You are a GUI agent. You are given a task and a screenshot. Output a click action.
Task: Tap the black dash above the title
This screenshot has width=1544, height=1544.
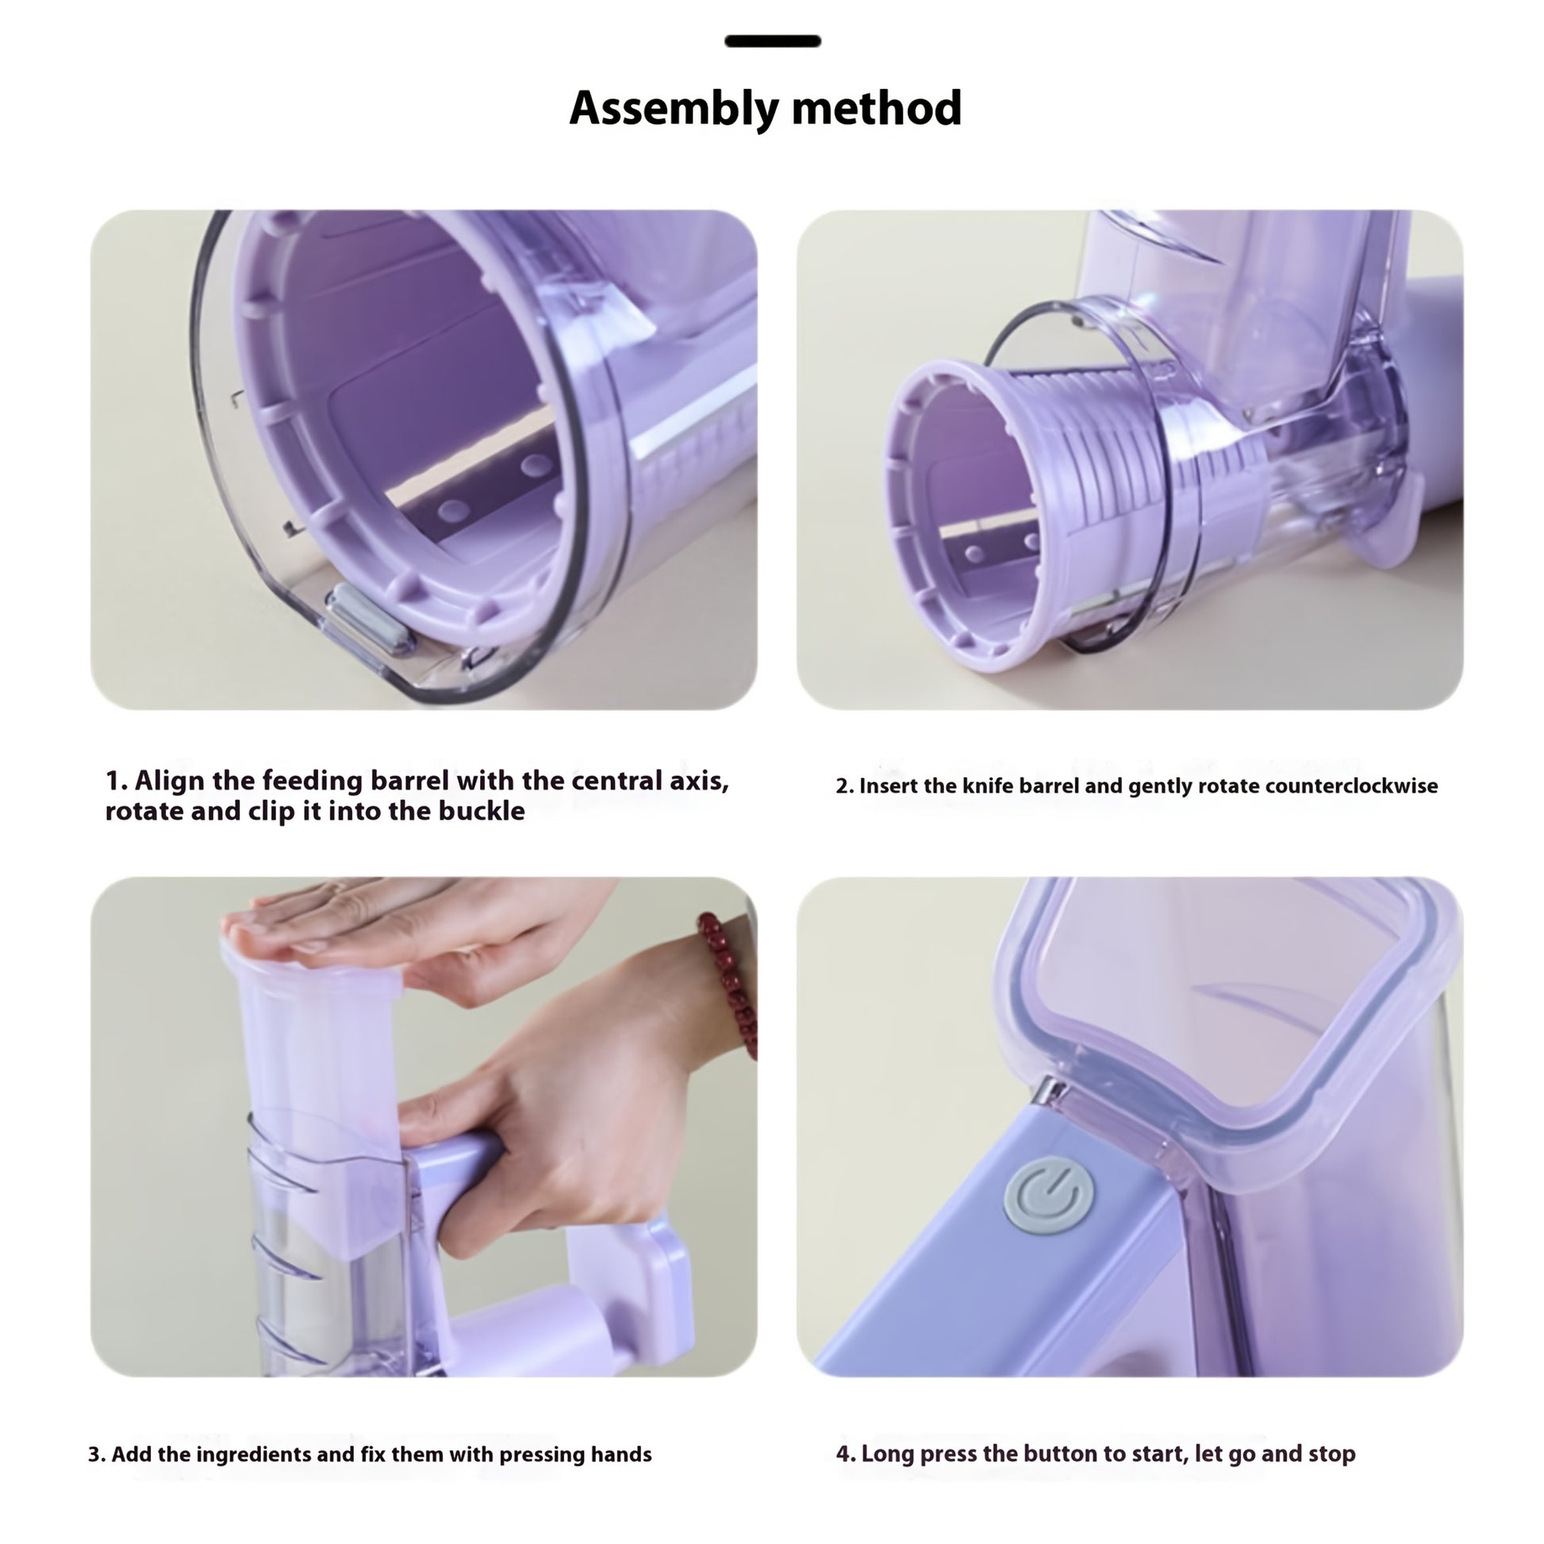click(773, 41)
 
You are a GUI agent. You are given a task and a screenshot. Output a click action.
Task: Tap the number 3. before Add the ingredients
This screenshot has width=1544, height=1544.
click(97, 1454)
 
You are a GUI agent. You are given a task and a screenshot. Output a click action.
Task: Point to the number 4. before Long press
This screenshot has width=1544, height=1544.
click(846, 1454)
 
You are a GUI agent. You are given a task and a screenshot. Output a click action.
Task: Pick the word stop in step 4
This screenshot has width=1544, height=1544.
click(1333, 1454)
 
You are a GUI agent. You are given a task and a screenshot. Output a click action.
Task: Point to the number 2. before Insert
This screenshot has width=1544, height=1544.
click(845, 786)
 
